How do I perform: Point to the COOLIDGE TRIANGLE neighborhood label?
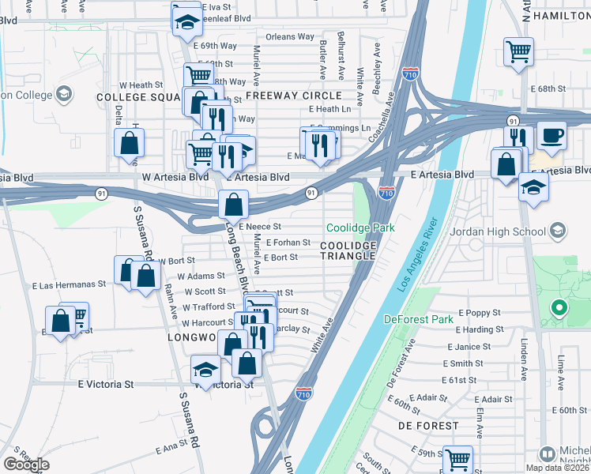pos(348,252)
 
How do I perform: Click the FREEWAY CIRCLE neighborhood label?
pos(293,96)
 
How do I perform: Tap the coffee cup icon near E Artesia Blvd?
pos(551,134)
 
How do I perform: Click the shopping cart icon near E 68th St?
pos(518,53)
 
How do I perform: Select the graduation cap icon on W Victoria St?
pos(205,369)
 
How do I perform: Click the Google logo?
pos(25,465)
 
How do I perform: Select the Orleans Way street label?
pos(290,36)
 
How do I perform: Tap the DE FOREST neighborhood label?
pos(428,425)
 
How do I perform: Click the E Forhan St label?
pos(288,243)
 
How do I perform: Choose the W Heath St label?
pos(141,85)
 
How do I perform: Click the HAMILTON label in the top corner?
pos(562,16)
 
